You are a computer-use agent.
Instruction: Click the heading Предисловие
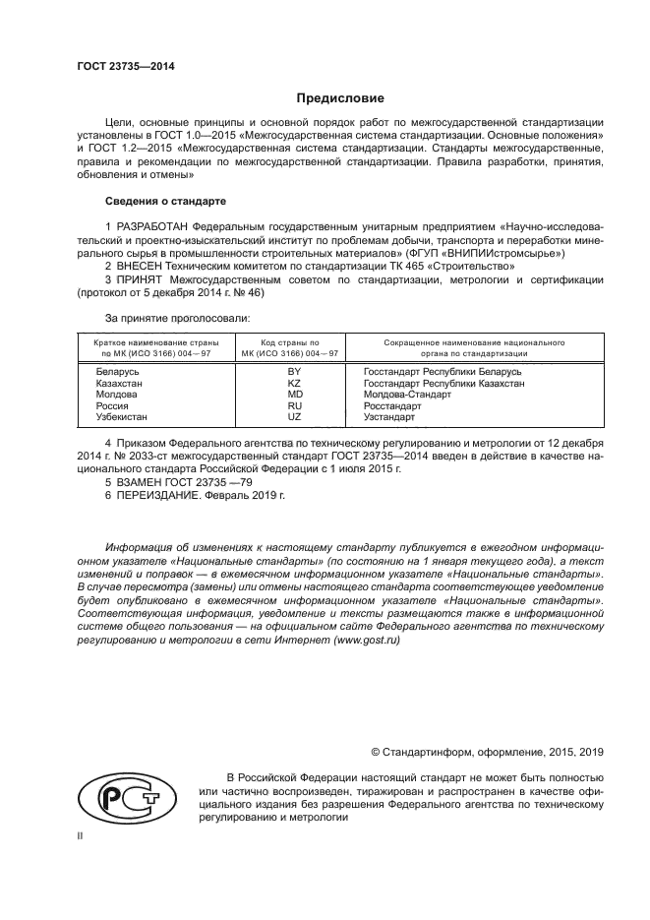(x=340, y=98)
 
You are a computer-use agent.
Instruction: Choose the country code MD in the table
(x=293, y=394)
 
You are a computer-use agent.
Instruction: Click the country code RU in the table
(x=293, y=405)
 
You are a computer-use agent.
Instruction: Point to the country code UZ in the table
(x=293, y=417)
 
